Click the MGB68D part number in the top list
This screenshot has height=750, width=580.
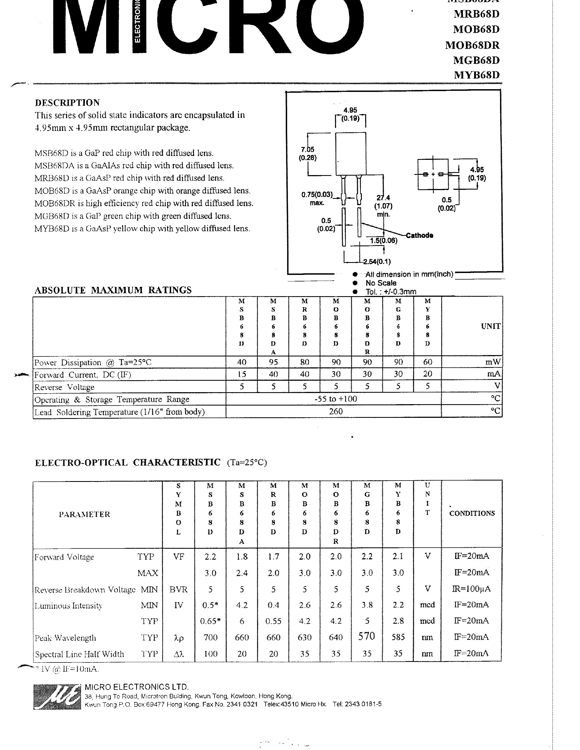(x=476, y=60)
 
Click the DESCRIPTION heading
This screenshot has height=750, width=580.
(x=67, y=103)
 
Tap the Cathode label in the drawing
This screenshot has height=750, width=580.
(x=419, y=235)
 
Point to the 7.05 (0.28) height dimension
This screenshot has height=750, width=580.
(x=308, y=154)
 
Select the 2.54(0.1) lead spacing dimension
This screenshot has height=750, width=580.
(x=377, y=262)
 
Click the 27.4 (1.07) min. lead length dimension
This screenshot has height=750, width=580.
(x=383, y=206)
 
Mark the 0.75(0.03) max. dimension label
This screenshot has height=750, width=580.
(x=317, y=199)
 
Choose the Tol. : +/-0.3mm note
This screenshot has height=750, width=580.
(x=391, y=292)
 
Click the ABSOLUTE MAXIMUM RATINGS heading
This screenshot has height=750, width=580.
(x=113, y=290)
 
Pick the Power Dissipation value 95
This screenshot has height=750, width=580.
(x=273, y=362)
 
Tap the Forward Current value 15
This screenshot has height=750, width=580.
(x=242, y=374)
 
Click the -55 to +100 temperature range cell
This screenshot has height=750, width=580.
(x=335, y=399)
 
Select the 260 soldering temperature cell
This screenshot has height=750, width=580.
(x=335, y=411)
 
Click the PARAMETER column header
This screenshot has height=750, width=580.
(x=85, y=514)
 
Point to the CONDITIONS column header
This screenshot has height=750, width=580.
(x=472, y=513)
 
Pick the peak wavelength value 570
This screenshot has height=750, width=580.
(x=366, y=636)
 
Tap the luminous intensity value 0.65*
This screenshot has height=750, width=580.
(x=210, y=621)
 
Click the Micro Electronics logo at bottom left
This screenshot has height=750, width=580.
(x=57, y=697)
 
